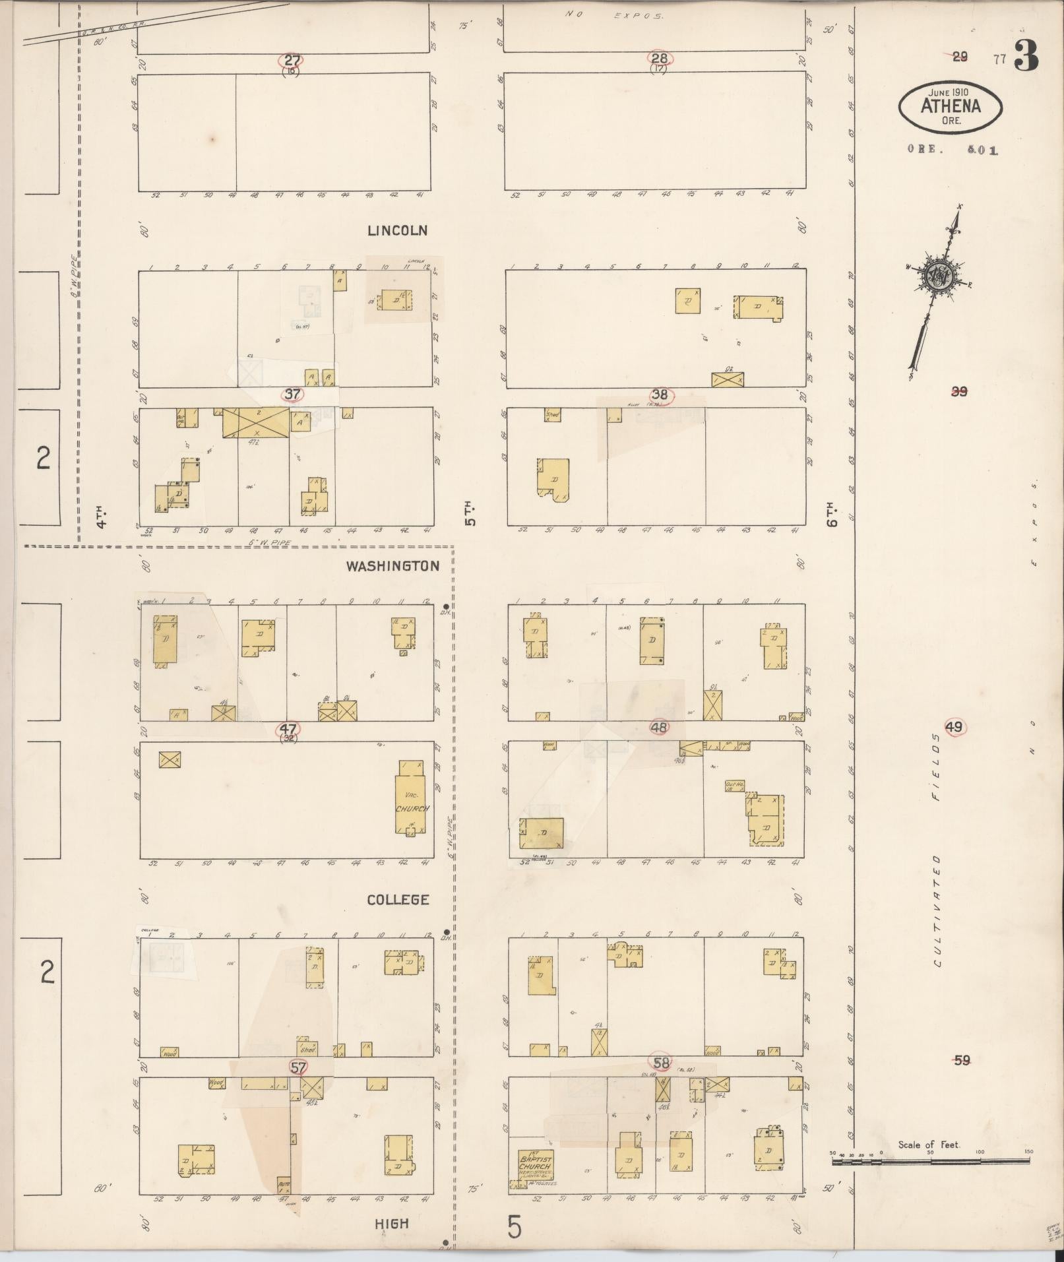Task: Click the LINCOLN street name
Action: (x=397, y=231)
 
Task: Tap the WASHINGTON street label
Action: (x=392, y=566)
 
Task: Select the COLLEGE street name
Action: (x=398, y=900)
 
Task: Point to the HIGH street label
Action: (x=392, y=1224)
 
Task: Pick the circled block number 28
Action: (x=659, y=58)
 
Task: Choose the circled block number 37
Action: (x=292, y=394)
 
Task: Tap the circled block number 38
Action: (x=660, y=394)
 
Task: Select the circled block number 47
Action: (x=288, y=729)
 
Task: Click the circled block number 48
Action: (x=659, y=728)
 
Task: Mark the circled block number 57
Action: (x=298, y=1067)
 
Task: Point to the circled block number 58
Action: (x=661, y=1063)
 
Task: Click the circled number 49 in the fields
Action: (x=954, y=727)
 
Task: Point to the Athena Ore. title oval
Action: (x=951, y=106)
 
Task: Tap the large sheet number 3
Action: (x=1026, y=57)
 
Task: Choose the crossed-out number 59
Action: (x=962, y=1060)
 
